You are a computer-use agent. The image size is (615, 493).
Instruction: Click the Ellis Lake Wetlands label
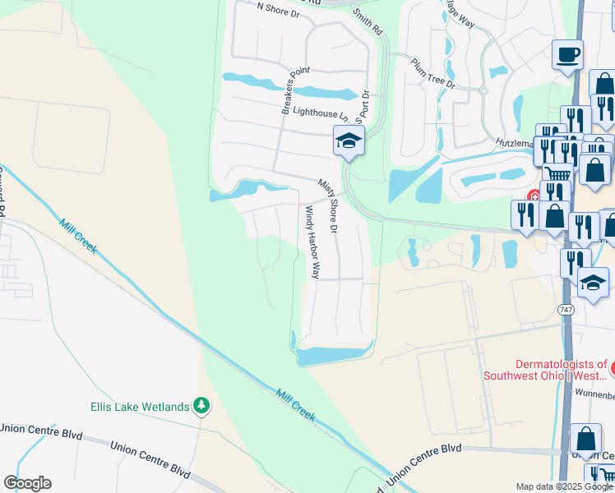(141, 406)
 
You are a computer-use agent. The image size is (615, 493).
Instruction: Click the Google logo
(27, 483)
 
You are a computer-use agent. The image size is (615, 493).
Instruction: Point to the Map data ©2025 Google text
(563, 486)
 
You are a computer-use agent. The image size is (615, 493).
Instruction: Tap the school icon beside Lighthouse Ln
(349, 142)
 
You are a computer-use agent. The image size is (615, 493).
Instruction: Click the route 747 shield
(565, 309)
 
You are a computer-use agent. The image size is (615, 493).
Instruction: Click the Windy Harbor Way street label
(312, 242)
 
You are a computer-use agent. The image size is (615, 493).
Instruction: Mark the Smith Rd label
(368, 21)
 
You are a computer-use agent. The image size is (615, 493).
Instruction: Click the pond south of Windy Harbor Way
(332, 356)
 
